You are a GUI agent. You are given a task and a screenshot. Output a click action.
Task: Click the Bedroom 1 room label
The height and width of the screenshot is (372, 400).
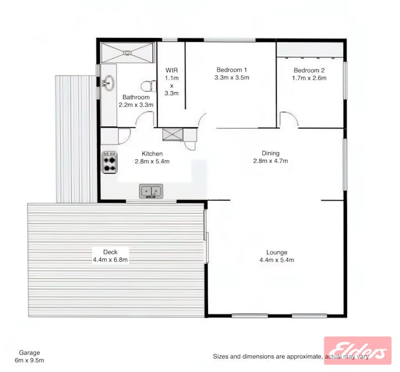pyautogui.click(x=232, y=70)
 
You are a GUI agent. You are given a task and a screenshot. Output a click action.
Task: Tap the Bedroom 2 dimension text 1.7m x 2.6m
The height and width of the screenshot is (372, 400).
pyautogui.click(x=309, y=78)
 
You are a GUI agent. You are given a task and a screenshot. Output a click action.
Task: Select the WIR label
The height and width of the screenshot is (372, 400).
pyautogui.click(x=171, y=71)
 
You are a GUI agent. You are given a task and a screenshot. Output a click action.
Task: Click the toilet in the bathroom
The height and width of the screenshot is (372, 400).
pyautogui.click(x=147, y=87)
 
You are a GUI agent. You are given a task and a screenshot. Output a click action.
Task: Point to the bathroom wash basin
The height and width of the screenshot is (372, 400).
pyautogui.click(x=109, y=83)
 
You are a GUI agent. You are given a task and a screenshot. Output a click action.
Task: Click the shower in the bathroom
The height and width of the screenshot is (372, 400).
pyautogui.click(x=128, y=52)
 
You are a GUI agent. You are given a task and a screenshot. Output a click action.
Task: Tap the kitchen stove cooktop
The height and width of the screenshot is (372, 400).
pyautogui.click(x=109, y=162)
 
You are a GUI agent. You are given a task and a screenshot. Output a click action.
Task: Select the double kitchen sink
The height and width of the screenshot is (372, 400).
pyautogui.click(x=151, y=191)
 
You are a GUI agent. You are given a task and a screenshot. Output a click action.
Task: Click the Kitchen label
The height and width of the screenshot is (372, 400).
pyautogui.click(x=152, y=154)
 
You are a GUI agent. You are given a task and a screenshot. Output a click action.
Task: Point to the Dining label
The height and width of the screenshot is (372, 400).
pyautogui.click(x=270, y=154)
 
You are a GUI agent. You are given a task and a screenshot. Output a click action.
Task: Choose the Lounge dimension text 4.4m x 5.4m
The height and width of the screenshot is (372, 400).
pyautogui.click(x=276, y=260)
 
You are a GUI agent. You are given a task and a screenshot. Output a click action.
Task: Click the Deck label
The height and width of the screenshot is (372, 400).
pyautogui.click(x=110, y=252)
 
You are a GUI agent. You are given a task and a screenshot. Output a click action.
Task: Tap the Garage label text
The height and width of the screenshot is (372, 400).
pyautogui.click(x=29, y=353)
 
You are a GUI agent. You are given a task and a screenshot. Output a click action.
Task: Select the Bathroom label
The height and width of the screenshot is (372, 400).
pyautogui.click(x=136, y=97)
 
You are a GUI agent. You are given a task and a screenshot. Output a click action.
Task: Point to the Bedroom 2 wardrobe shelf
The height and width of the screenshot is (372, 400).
pyautogui.click(x=310, y=56)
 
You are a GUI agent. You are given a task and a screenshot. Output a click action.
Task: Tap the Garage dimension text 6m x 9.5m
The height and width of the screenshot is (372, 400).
pyautogui.click(x=29, y=360)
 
